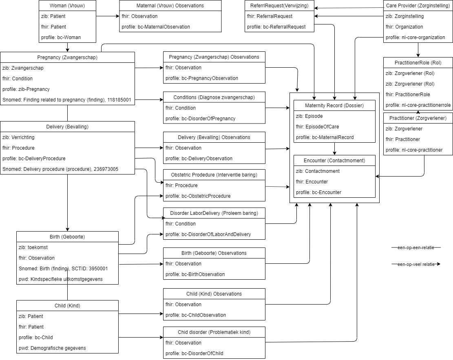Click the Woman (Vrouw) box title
tap(67, 6)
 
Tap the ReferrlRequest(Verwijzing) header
tap(279, 6)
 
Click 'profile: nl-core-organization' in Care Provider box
tap(415, 38)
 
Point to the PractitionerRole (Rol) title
tap(418, 63)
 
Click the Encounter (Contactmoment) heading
tap(334, 161)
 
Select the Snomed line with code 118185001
tap(67, 100)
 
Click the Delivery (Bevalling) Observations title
tap(214, 137)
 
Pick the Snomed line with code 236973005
tap(60, 169)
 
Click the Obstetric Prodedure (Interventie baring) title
tap(214, 175)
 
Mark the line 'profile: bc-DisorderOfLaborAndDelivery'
tap(208, 234)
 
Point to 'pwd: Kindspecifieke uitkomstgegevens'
tap(61, 279)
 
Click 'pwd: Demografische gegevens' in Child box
tap(52, 348)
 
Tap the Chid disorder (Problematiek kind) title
tap(214, 332)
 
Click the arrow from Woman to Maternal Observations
tap(108, 16)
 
